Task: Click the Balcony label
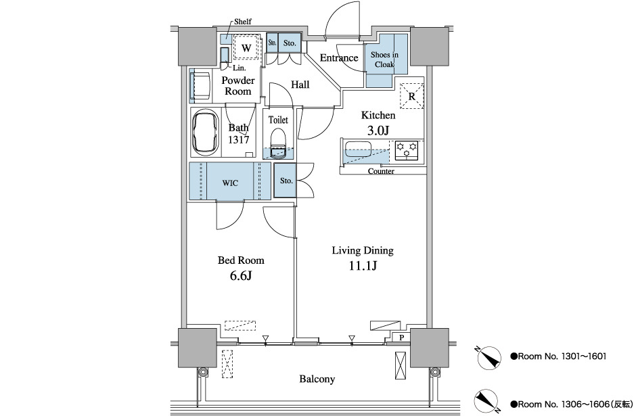pos(317,379)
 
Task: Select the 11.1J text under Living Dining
pos(362,266)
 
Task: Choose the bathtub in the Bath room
pos(206,133)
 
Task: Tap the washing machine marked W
pos(246,47)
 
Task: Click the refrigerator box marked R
pos(412,95)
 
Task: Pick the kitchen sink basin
pos(365,149)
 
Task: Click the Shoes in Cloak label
pos(384,60)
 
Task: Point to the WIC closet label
pos(230,182)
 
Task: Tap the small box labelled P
pos(401,337)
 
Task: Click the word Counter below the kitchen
pos(381,171)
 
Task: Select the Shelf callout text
pos(243,22)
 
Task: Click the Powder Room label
pos(238,86)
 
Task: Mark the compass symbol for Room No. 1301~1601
pos(487,356)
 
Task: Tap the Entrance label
pos(339,57)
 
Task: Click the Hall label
pos(300,85)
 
